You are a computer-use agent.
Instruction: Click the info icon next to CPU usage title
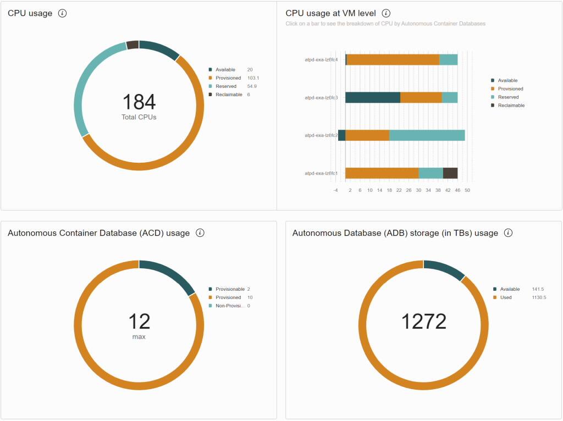(62, 13)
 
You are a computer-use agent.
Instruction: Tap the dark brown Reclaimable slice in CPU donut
(133, 45)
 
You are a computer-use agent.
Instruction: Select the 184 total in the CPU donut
(139, 102)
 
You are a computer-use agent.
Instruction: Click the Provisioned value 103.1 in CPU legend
(253, 78)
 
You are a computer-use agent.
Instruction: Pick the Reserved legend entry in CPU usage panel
(225, 86)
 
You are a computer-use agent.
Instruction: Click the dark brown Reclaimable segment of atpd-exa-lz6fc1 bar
(450, 173)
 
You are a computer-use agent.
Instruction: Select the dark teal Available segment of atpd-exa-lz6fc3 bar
(373, 97)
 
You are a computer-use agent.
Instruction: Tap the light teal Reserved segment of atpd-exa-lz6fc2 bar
(427, 135)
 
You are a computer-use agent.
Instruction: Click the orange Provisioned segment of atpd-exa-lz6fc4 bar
(393, 59)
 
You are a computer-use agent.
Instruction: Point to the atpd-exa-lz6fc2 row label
(321, 135)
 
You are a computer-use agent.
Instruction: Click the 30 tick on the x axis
(418, 190)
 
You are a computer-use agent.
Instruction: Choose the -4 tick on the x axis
(335, 190)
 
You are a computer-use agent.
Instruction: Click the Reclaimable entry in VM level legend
(511, 105)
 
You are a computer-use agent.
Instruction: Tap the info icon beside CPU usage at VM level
(386, 13)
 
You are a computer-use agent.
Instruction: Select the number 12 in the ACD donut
(139, 322)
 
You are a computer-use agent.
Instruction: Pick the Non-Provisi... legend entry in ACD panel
(229, 306)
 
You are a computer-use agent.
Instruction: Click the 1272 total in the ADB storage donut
(423, 322)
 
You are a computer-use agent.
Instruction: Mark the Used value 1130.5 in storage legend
(539, 297)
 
